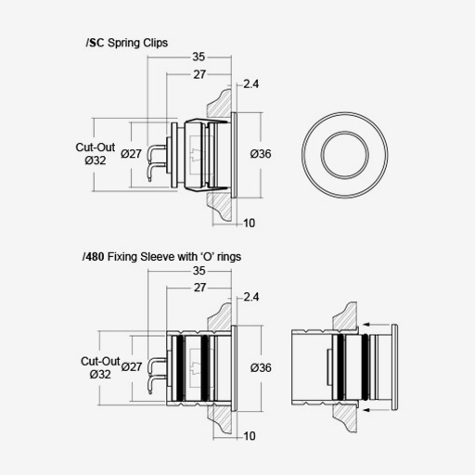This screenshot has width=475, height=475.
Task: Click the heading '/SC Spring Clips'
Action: [x=127, y=43]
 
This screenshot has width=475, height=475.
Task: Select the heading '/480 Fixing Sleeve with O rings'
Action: [x=161, y=257]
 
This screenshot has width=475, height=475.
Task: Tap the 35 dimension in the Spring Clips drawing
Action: [x=199, y=57]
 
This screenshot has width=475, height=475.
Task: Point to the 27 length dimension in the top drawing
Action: [x=199, y=74]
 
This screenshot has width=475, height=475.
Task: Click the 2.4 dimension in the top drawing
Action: [x=250, y=83]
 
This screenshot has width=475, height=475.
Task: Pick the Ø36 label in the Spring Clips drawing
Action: [x=261, y=154]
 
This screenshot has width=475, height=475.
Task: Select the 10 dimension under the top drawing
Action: [x=249, y=223]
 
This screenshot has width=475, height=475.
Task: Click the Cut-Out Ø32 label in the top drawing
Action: [x=96, y=154]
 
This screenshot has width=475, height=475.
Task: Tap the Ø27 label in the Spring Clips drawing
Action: [x=131, y=154]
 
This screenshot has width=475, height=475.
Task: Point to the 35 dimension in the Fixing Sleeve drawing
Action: [x=199, y=271]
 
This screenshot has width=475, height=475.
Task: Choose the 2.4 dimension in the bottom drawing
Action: [x=251, y=297]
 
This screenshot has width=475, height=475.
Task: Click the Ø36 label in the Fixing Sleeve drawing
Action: [x=261, y=367]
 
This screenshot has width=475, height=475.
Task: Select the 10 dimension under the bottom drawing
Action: [x=250, y=436]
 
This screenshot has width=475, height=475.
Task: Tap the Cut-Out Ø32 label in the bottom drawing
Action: [x=100, y=367]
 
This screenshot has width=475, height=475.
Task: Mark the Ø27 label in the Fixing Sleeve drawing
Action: [x=132, y=366]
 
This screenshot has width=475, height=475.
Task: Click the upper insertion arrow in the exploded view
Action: [x=378, y=325]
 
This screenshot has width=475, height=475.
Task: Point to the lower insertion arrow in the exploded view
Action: [x=378, y=410]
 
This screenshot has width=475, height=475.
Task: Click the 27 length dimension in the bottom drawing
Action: [x=199, y=288]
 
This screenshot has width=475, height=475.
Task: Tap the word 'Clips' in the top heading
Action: [x=156, y=43]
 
